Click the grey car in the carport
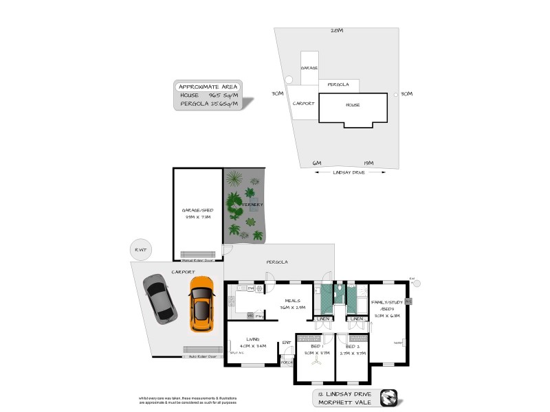(x=159, y=299)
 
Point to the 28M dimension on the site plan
(x=336, y=31)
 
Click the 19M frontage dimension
(x=368, y=163)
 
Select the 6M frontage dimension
(x=317, y=163)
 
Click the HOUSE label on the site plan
(x=352, y=104)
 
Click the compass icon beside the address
(x=390, y=398)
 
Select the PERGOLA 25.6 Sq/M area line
(x=208, y=104)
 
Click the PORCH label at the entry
(x=286, y=362)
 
